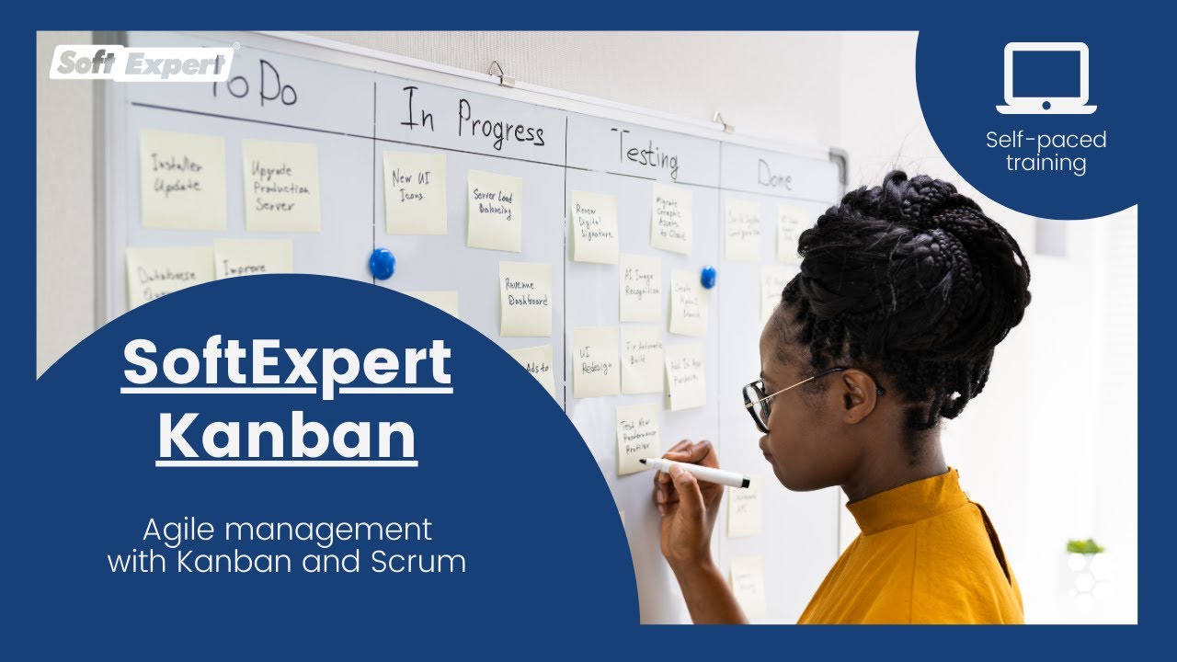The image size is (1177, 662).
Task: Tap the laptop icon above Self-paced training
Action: point(1046,79)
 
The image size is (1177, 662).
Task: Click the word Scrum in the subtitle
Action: point(424,561)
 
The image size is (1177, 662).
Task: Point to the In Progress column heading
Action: point(472,120)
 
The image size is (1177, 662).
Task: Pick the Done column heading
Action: point(774,175)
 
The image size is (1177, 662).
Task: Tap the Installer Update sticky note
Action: point(182,178)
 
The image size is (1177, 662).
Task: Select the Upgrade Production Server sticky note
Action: point(281,186)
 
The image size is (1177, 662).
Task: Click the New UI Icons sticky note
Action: point(414,192)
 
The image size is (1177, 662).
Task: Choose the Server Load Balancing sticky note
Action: point(494,211)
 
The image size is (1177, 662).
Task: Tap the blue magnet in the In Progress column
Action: point(382,264)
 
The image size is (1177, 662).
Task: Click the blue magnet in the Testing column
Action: point(707,277)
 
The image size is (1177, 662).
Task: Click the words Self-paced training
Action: point(1046,152)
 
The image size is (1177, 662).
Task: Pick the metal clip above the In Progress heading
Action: point(500,74)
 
